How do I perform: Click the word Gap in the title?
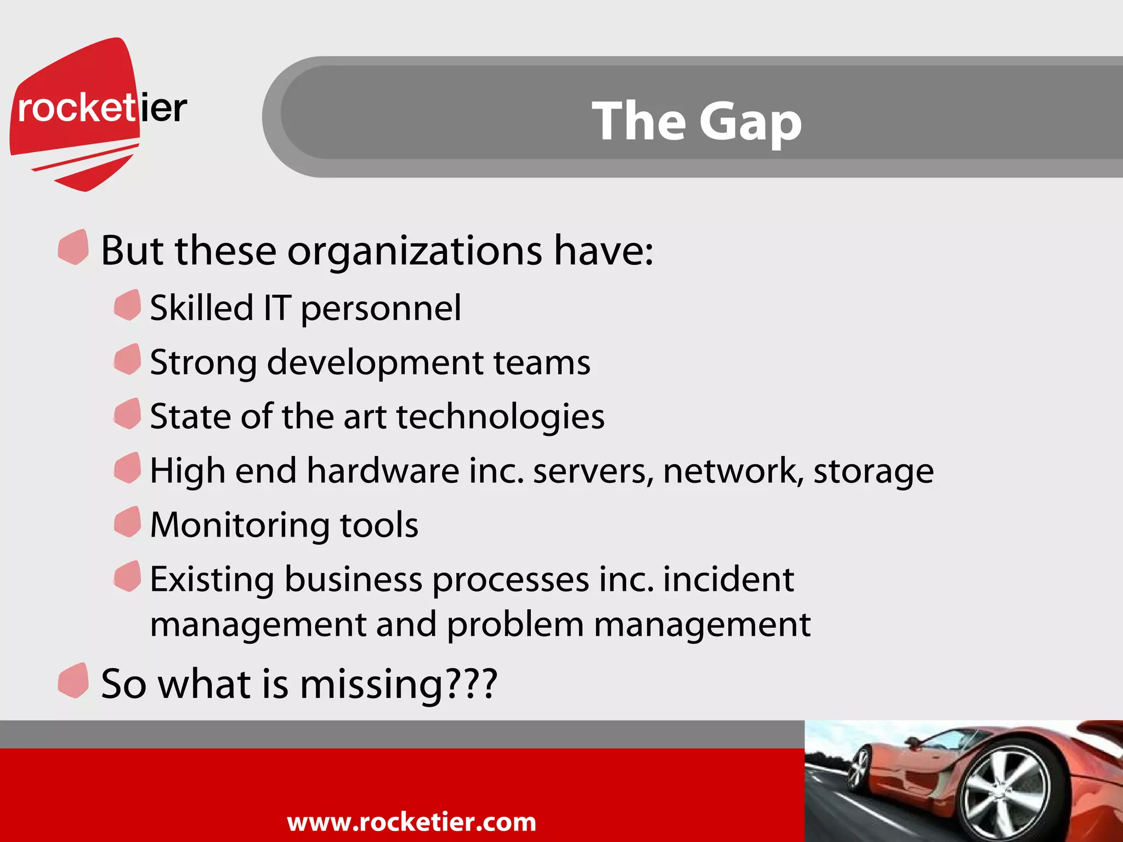tap(750, 122)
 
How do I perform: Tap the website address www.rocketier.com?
tap(411, 822)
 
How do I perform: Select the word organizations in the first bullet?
tap(415, 251)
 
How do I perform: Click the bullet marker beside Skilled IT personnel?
tap(128, 305)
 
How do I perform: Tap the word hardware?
tap(383, 471)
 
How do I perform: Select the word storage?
tap(873, 472)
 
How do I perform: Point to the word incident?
tap(728, 579)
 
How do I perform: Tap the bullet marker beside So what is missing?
tap(73, 680)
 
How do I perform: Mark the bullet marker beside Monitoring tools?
tap(128, 522)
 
